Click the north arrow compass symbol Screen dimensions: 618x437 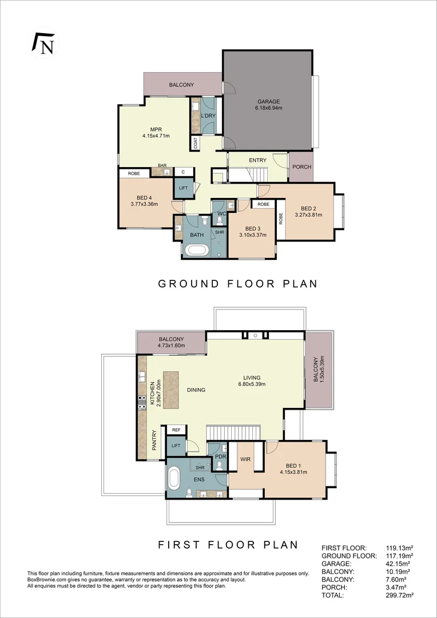click(x=43, y=44)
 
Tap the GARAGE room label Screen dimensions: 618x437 click(x=268, y=102)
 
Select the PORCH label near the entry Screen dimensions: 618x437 click(x=301, y=167)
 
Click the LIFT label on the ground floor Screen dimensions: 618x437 click(x=183, y=188)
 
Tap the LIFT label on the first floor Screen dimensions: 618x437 click(x=176, y=446)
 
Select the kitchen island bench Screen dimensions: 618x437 click(x=171, y=390)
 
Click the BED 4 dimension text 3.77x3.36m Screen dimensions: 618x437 click(x=144, y=204)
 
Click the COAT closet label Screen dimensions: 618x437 click(x=196, y=142)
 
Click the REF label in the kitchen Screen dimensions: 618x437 click(x=176, y=429)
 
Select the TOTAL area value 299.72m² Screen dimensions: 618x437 click(x=400, y=595)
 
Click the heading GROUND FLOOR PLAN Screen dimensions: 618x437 click(x=237, y=283)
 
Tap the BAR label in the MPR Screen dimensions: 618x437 click(x=162, y=165)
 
